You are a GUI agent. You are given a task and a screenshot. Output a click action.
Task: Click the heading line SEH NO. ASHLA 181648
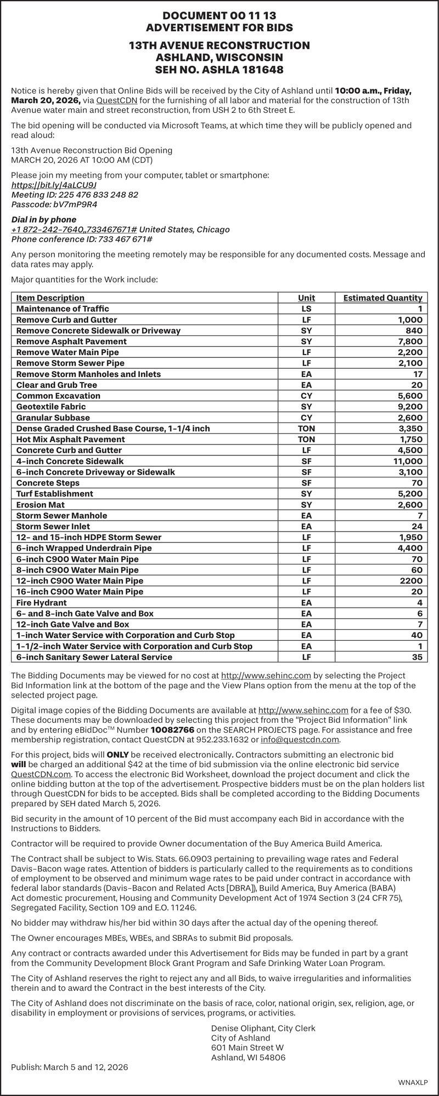click(219, 70)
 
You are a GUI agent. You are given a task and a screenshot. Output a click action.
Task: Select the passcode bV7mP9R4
click(75, 204)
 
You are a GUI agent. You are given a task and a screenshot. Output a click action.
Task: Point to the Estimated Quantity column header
click(382, 298)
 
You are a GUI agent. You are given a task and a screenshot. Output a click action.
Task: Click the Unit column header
click(306, 298)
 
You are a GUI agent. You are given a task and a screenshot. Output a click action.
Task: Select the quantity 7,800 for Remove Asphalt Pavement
click(410, 341)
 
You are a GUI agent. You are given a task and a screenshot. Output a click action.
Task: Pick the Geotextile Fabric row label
click(51, 407)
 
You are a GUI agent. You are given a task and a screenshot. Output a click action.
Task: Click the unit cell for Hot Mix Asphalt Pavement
click(306, 439)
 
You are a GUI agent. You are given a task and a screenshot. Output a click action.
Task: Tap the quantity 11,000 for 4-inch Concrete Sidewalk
click(408, 461)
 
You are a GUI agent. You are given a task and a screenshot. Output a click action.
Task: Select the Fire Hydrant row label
click(42, 602)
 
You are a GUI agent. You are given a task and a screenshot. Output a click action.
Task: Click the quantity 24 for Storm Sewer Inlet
click(417, 526)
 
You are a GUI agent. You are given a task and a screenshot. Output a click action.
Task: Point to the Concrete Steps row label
click(48, 483)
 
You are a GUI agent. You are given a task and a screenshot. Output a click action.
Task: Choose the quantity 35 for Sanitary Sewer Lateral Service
click(417, 657)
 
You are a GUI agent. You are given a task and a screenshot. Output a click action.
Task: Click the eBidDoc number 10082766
click(172, 730)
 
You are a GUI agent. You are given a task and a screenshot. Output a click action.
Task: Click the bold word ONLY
click(117, 755)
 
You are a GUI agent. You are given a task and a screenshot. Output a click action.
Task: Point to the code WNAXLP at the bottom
click(412, 1082)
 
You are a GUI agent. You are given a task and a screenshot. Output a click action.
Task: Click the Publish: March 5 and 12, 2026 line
click(70, 1067)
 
